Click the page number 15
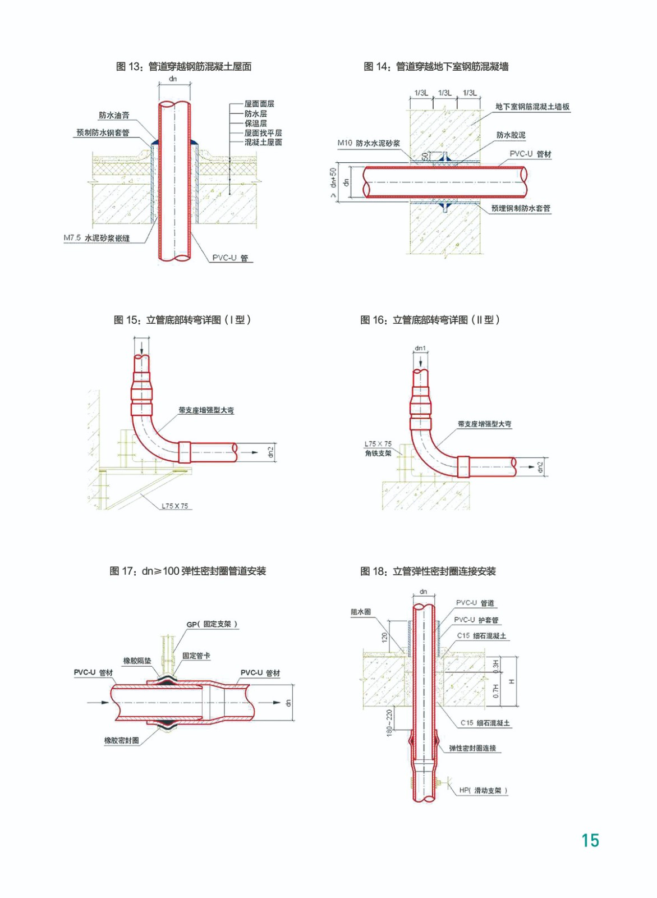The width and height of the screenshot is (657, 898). (x=590, y=840)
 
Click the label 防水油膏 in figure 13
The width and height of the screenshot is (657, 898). (x=114, y=115)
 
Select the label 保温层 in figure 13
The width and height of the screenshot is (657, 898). (x=255, y=123)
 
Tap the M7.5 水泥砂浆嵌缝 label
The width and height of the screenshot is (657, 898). (x=97, y=238)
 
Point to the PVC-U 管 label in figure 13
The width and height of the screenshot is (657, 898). (x=230, y=258)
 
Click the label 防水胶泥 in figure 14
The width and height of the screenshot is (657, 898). (x=511, y=135)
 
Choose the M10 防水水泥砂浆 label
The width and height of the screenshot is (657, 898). (x=369, y=143)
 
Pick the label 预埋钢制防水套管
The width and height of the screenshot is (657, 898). (x=521, y=208)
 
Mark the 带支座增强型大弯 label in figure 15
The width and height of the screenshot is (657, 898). (x=206, y=410)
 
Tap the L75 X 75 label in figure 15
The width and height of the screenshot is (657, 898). (x=174, y=506)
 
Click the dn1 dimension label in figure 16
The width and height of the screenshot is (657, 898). (x=420, y=349)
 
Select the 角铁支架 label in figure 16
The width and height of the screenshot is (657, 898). (x=378, y=453)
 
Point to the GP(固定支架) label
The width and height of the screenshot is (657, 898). (x=212, y=624)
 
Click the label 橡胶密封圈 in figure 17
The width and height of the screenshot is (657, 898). (x=121, y=740)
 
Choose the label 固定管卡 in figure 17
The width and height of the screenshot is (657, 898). (x=196, y=656)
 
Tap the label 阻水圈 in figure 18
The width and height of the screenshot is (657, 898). (x=361, y=612)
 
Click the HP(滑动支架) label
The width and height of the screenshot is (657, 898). (x=483, y=790)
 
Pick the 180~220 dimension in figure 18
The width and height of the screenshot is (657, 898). (x=389, y=722)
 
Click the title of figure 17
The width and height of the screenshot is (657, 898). (x=187, y=571)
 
